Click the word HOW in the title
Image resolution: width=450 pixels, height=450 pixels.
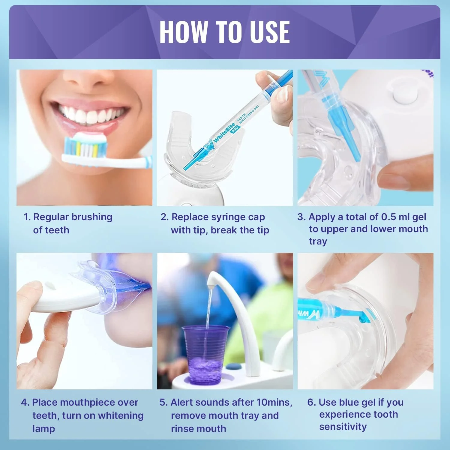tap(183, 32)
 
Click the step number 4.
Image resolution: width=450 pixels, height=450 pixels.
tap(24, 402)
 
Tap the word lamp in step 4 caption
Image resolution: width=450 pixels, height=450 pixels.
tap(43, 429)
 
